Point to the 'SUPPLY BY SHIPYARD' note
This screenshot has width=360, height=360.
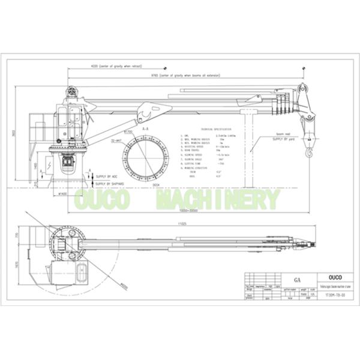pyautogui.click(x=110, y=184)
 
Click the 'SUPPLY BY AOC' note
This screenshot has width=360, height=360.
pyautogui.click(x=107, y=176)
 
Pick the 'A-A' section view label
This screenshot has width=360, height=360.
pyautogui.click(x=145, y=128)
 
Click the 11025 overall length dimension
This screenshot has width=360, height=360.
pyautogui.click(x=181, y=223)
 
